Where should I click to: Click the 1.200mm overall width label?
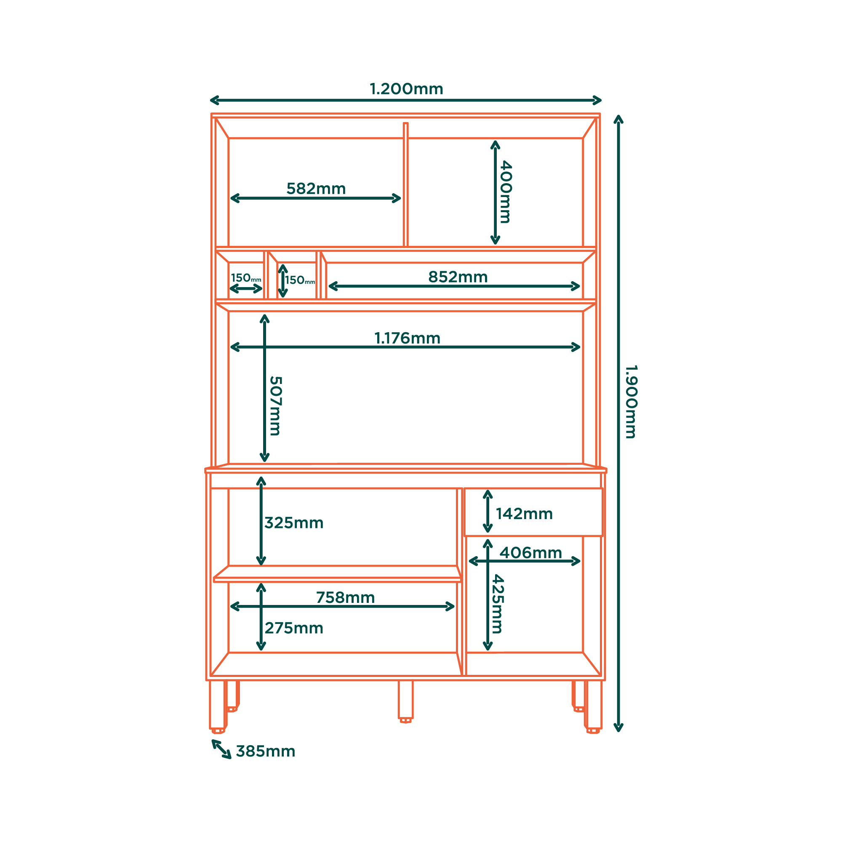click(x=406, y=89)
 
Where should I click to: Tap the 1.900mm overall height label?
click(x=631, y=402)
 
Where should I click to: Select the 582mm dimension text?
click(x=316, y=189)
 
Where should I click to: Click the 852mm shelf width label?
click(x=458, y=277)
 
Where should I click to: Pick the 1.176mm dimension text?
click(x=408, y=338)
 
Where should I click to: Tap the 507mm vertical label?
click(x=275, y=406)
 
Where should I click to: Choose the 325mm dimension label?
click(x=294, y=523)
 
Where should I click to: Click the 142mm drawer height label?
click(x=524, y=514)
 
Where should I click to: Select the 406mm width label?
click(x=531, y=553)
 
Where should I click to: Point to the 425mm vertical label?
click(x=498, y=604)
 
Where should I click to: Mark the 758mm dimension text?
click(x=346, y=597)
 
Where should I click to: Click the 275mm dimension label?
click(x=294, y=628)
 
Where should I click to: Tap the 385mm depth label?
click(x=265, y=751)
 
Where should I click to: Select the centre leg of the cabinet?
click(x=405, y=701)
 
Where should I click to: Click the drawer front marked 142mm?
click(x=533, y=512)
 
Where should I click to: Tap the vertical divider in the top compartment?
click(x=405, y=185)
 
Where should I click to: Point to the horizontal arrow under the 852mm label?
click(x=454, y=286)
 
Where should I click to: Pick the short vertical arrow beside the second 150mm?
click(x=283, y=281)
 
